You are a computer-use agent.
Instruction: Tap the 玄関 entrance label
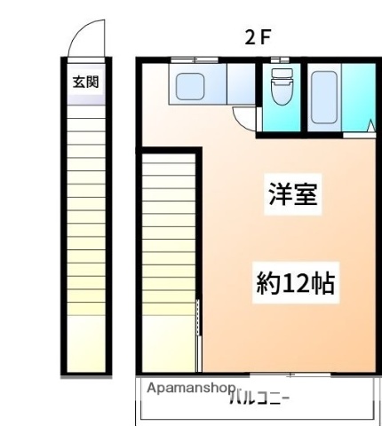[85, 83]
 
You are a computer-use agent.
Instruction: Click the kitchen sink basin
[192, 86]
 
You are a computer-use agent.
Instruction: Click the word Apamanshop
[190, 389]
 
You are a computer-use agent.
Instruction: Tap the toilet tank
[281, 74]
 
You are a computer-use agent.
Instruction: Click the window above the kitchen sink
[195, 59]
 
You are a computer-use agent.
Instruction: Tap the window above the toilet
[281, 59]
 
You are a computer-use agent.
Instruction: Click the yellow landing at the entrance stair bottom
[86, 342]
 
